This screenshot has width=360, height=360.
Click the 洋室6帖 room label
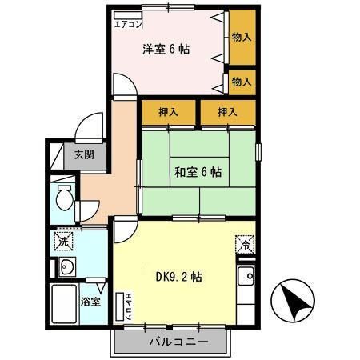(x=166, y=49)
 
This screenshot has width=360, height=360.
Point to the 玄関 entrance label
(x=83, y=155)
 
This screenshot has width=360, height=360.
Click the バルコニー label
(x=178, y=342)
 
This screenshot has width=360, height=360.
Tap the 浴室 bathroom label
(x=90, y=302)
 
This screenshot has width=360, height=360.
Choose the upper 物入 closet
(x=241, y=37)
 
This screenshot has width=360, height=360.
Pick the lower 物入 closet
(x=241, y=81)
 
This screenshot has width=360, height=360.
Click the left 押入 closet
(x=168, y=112)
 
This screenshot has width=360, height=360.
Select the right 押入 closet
(x=227, y=112)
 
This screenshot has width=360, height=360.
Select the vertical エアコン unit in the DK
(x=125, y=308)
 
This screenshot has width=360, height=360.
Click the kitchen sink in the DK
(x=246, y=277)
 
